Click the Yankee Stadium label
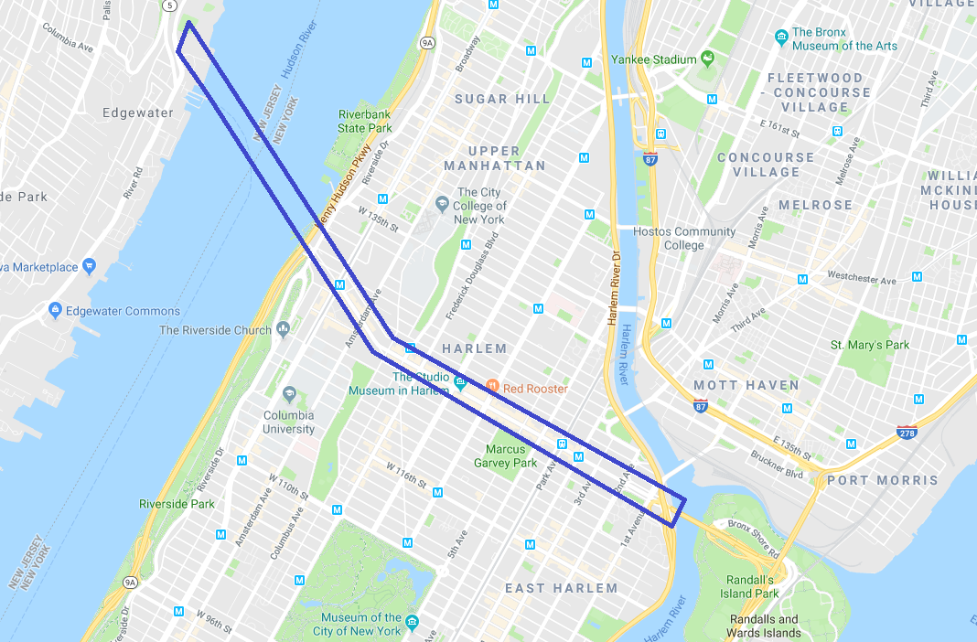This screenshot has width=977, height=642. (654, 59)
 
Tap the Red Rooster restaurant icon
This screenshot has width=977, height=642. (492, 388)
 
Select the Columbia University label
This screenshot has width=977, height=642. (288, 422)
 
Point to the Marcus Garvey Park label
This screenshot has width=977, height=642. (505, 455)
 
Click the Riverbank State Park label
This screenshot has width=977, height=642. (364, 122)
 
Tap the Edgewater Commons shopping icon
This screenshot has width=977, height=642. (55, 311)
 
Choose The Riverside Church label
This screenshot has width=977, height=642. (215, 330)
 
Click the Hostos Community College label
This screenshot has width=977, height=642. (684, 238)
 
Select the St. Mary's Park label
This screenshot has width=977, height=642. (869, 345)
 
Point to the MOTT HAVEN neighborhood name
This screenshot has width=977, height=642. (746, 385)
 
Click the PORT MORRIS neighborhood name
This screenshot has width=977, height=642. (882, 480)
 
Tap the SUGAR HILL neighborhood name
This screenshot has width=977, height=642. (502, 99)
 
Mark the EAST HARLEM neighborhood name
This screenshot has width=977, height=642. (562, 588)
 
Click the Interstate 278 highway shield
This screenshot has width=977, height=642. (907, 431)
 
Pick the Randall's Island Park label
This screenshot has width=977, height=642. (749, 586)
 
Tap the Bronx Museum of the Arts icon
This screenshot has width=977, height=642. (781, 37)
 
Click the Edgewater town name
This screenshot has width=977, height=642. (137, 112)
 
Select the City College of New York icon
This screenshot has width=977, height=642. (442, 202)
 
